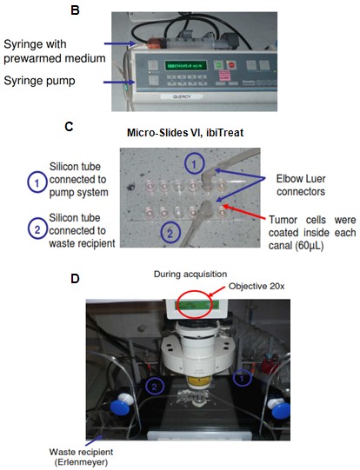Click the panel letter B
(75, 10)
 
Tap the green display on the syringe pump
(186, 65)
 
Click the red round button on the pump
(231, 65)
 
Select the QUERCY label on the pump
(182, 96)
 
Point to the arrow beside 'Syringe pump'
(119, 82)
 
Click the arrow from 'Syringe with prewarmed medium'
(120, 43)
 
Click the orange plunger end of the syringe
(156, 44)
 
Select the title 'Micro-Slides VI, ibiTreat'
(185, 133)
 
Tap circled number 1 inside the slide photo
(194, 164)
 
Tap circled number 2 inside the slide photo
(170, 233)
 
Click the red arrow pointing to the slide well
(243, 211)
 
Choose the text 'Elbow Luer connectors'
(301, 185)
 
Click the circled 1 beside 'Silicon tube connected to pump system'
(37, 182)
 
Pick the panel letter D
(75, 279)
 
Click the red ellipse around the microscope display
(195, 304)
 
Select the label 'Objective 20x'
(257, 286)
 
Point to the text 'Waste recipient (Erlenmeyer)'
(81, 456)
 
